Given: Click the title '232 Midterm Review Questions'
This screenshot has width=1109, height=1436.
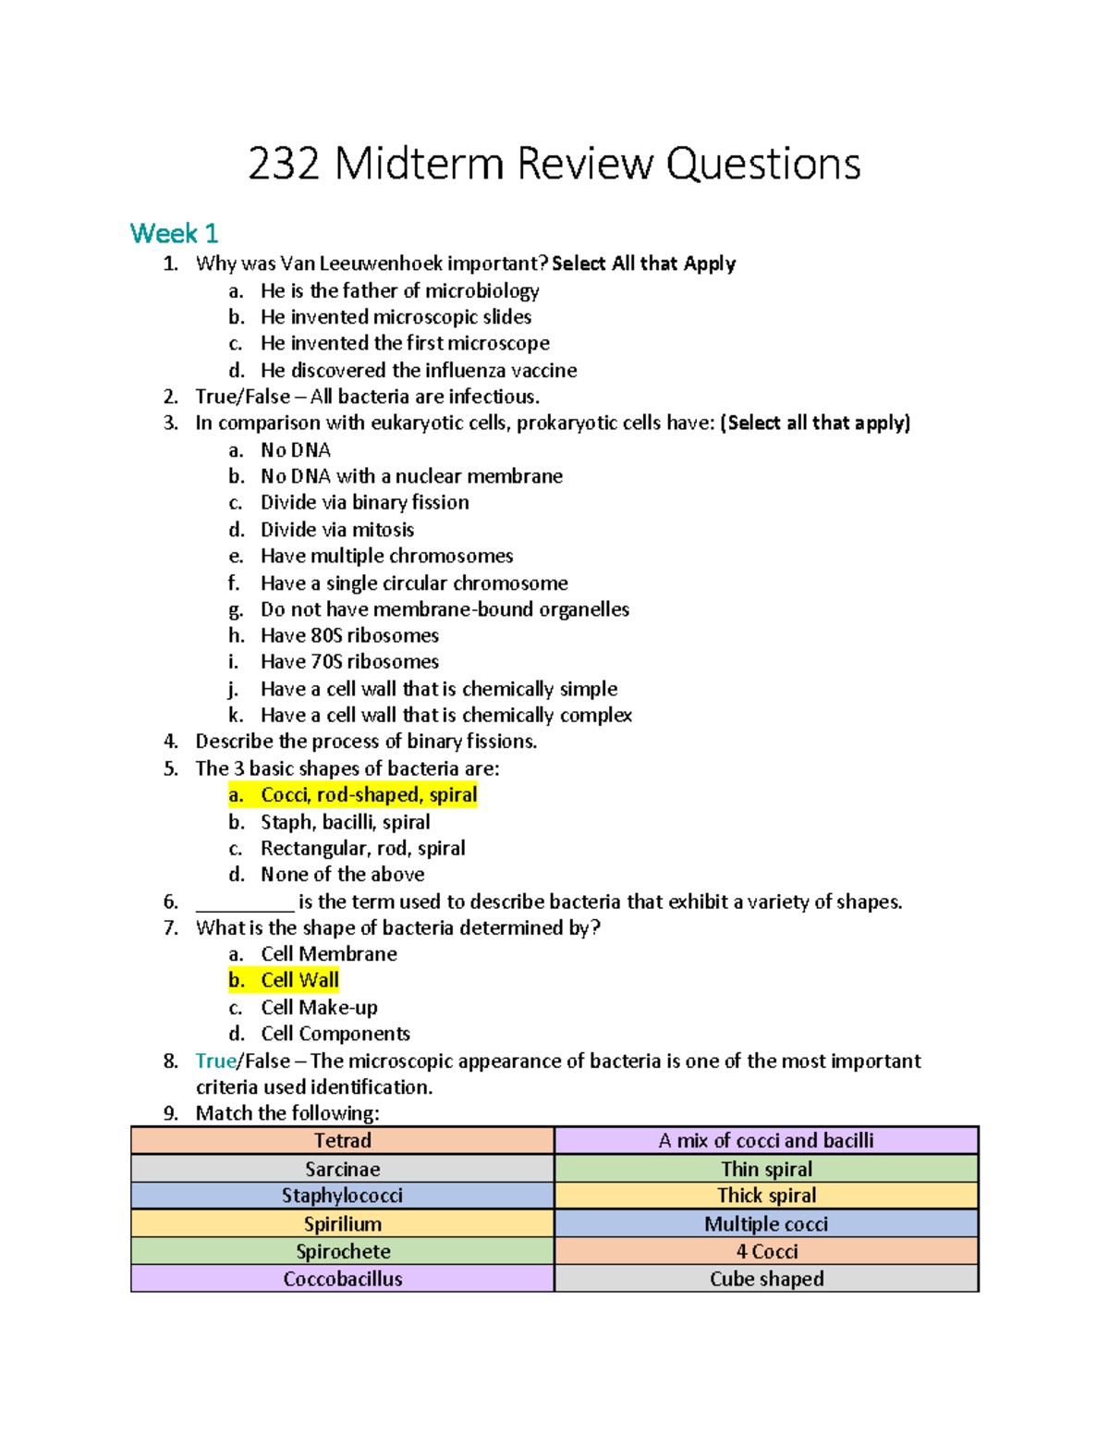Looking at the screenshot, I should (554, 165).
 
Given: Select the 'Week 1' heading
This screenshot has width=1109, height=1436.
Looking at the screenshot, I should (174, 233).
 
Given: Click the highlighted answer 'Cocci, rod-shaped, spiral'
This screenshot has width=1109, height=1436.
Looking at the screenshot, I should (368, 795).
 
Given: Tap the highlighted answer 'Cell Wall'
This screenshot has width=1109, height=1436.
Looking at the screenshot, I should (299, 980).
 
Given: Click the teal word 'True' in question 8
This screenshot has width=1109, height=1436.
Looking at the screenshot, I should (216, 1061).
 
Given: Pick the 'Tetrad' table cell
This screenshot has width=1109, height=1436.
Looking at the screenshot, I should (342, 1140).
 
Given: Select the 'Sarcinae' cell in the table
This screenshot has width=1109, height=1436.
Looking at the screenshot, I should (342, 1169).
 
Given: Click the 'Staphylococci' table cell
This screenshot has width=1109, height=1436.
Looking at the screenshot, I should (342, 1196).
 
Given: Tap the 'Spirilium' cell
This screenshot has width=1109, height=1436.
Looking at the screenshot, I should (342, 1223).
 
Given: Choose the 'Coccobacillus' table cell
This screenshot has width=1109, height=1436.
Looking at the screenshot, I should (342, 1279).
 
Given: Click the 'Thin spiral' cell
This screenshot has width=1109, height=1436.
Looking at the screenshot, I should (766, 1169).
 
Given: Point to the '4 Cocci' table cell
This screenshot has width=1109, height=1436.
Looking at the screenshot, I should (766, 1251).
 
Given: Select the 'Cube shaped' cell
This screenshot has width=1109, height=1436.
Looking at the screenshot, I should (766, 1279).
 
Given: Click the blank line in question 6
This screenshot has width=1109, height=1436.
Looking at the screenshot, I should (245, 902).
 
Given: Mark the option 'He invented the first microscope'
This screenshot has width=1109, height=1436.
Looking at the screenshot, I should (404, 343).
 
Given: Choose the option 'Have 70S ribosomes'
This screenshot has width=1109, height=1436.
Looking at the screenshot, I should (349, 662).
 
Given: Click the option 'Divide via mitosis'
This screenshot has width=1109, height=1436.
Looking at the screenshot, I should (336, 530).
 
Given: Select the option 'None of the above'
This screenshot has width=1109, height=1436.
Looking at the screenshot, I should (342, 875).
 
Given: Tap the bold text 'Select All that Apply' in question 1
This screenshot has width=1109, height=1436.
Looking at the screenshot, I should (643, 264).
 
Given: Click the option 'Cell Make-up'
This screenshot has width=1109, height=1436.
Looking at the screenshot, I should (319, 1007).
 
